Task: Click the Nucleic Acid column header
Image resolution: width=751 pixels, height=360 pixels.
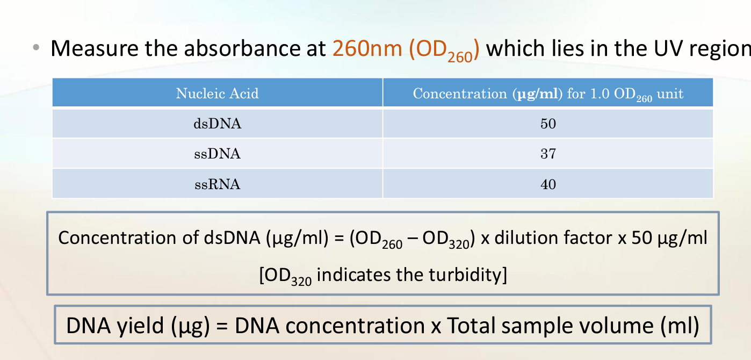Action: [x=217, y=93]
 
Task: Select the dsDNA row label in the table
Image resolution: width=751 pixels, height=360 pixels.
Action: [x=217, y=124]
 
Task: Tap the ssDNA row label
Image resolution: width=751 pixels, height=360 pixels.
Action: [x=217, y=154]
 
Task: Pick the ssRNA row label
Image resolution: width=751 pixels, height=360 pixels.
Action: [x=217, y=184]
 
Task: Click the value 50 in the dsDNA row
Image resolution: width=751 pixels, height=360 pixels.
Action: [x=548, y=124]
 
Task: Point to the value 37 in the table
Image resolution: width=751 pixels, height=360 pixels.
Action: [x=548, y=154]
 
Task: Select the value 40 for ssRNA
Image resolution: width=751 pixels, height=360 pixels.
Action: [x=548, y=184]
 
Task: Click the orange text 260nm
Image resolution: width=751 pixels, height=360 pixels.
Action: [x=367, y=48]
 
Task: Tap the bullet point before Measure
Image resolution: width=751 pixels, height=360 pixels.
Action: [x=36, y=48]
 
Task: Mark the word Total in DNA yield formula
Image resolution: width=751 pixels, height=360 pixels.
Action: [x=474, y=325]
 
